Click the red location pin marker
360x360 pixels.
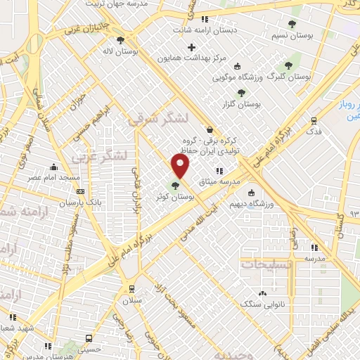181,167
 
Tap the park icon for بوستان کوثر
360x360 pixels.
175,186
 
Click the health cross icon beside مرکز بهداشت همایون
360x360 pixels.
192,47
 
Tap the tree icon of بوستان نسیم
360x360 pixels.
292,24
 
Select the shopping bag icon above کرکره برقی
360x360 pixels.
210,129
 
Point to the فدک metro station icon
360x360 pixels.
314,120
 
